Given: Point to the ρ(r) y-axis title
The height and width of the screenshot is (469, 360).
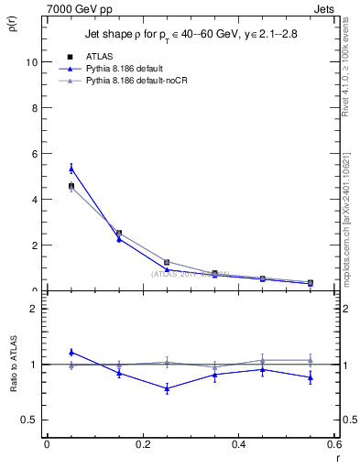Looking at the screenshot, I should [x=13, y=24].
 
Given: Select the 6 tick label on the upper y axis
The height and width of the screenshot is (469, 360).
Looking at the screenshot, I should [x=32, y=154].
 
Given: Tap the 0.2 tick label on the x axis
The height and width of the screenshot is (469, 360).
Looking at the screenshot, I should [x=141, y=443].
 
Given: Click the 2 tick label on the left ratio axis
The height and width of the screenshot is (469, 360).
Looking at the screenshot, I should [x=32, y=309].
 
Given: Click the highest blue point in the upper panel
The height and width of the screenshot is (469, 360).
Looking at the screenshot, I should [x=71, y=169].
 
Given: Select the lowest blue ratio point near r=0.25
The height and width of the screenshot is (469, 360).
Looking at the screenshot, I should [x=167, y=388].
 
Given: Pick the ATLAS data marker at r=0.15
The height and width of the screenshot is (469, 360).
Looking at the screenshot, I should [x=118, y=234].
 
